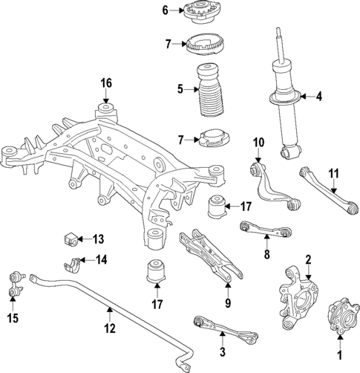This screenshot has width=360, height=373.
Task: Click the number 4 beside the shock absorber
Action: [320, 96]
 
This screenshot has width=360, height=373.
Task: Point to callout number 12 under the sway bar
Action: [110, 328]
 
